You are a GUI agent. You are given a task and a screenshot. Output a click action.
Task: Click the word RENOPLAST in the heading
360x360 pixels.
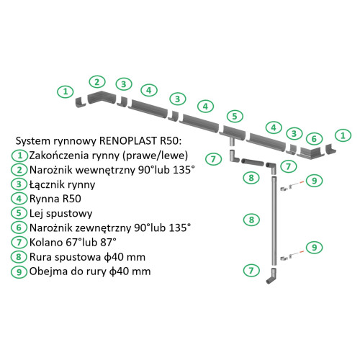click(x=127, y=140)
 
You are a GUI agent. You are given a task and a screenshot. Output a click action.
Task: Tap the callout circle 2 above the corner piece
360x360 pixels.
click(x=97, y=81)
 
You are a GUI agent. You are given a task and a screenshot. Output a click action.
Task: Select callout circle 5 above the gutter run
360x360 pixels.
click(x=235, y=116)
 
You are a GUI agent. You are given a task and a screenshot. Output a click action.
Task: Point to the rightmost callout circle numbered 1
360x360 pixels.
click(x=345, y=135)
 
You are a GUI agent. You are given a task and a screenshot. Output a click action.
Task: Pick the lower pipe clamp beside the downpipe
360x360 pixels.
click(x=285, y=256)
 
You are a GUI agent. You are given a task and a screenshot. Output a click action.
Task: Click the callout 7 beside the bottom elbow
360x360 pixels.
click(x=251, y=271)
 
